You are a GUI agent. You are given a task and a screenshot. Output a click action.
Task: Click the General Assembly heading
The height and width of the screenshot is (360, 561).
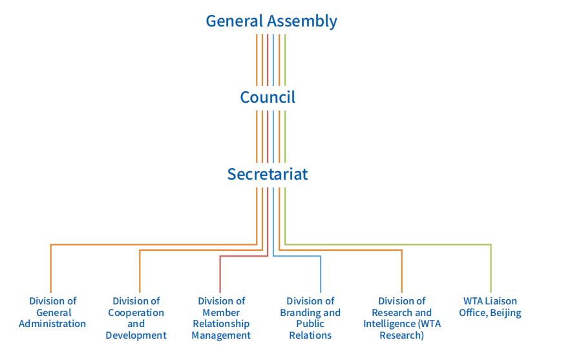(271, 21)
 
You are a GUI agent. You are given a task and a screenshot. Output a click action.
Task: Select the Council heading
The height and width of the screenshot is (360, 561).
(268, 97)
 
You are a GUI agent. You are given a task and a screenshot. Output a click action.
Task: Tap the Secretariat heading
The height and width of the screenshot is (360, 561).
(268, 174)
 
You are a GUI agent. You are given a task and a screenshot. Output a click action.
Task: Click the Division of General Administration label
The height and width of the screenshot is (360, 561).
(52, 312)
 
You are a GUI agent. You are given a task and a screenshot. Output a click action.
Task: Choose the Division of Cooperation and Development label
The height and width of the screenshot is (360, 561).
(136, 318)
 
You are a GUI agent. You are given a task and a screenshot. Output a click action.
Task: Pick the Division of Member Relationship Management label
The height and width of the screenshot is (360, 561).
(221, 318)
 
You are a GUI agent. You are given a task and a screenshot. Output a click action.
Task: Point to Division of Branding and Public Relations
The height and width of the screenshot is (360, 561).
(310, 318)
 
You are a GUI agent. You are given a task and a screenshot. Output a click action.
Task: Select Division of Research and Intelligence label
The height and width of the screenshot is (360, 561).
(401, 318)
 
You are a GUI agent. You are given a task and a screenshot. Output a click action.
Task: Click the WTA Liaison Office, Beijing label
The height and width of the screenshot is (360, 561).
(490, 306)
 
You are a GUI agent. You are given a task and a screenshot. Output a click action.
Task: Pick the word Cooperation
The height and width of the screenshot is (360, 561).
(136, 313)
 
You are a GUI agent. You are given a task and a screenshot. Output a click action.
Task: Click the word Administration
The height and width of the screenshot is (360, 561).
(52, 324)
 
